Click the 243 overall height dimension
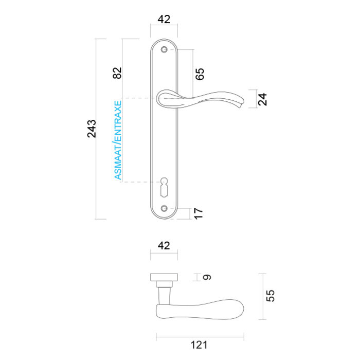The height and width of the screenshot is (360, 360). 92,129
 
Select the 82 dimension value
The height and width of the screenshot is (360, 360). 117,73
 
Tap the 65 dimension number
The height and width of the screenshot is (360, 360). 201,74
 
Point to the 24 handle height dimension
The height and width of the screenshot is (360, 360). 263,99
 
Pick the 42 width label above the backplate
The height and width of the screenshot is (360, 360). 164,20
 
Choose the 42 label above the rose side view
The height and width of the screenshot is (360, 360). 163,246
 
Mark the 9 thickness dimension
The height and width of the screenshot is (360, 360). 207,278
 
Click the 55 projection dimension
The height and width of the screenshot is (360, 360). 271,295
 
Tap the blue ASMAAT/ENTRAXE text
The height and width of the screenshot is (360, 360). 118,140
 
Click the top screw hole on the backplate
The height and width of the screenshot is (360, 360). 164,50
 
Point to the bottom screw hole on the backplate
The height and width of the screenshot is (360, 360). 164,208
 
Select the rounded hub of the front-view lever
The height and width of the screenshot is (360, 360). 165,98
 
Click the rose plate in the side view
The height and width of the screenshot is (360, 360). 164,278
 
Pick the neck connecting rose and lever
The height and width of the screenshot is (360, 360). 164,294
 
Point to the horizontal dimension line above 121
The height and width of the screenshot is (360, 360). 200,337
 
